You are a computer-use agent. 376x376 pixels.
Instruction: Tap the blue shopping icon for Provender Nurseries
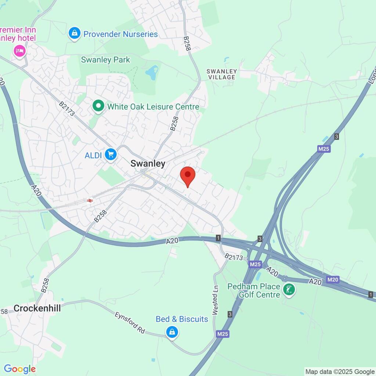[x=75, y=34]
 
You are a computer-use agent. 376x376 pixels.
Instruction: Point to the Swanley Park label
[x=105, y=59]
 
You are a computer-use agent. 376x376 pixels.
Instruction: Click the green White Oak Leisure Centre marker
[x=98, y=106]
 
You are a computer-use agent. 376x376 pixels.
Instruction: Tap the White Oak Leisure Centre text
[x=153, y=107]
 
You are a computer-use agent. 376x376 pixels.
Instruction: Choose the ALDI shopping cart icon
[x=111, y=155]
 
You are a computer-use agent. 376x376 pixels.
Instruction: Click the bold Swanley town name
[x=148, y=164]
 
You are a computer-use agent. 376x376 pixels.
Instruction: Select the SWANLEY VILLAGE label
[x=222, y=74]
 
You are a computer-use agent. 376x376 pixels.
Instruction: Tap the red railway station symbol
[x=89, y=200]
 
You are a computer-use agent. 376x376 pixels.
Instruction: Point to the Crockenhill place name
[x=37, y=308]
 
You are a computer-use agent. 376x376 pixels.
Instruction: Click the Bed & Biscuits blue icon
[x=171, y=333]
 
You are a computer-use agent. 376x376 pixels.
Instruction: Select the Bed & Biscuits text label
[x=182, y=319]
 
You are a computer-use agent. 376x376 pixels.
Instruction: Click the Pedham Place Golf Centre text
[x=253, y=290]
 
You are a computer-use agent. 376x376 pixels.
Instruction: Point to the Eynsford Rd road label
[x=130, y=323]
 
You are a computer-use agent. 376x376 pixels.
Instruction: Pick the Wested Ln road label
[x=215, y=300]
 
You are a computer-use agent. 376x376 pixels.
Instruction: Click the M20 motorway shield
[x=333, y=280]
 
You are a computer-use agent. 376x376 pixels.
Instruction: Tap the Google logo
[x=20, y=369]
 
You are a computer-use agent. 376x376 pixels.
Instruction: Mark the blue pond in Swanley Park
[x=152, y=72]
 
